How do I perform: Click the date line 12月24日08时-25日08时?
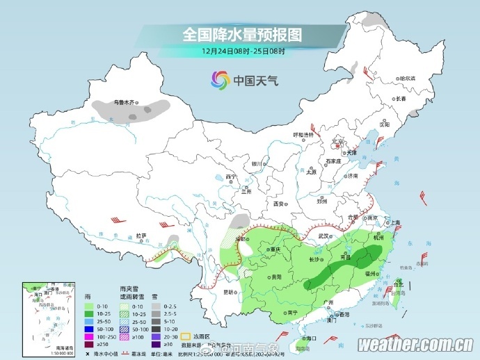click(x=243, y=51)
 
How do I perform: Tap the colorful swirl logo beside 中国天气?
click(x=220, y=81)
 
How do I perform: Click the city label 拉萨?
click(x=141, y=236)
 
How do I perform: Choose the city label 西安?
click(x=279, y=204)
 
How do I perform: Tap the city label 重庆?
click(x=275, y=249)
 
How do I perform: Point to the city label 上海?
click(x=394, y=223)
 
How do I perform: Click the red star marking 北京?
click(x=337, y=145)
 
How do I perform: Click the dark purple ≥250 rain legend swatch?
click(x=88, y=344)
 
